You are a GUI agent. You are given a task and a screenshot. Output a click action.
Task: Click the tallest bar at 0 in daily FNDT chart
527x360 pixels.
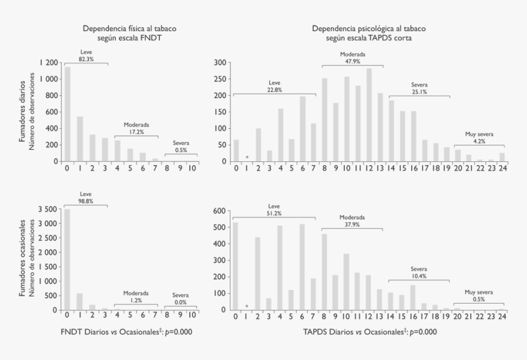(x=67, y=114)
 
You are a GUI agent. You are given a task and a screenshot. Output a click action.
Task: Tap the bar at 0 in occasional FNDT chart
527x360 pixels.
(x=67, y=261)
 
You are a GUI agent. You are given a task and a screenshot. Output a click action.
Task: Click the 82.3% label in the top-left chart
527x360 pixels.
(x=86, y=59)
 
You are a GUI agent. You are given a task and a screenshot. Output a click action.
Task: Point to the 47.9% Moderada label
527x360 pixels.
(x=353, y=61)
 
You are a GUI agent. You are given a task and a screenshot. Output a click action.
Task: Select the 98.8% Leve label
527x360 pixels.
(x=86, y=200)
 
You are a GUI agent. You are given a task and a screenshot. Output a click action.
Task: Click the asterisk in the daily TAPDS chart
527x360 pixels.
(x=247, y=158)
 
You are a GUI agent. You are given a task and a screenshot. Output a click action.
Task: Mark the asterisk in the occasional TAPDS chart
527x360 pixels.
(x=247, y=306)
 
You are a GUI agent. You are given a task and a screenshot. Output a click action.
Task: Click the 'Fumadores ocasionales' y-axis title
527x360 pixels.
(x=23, y=258)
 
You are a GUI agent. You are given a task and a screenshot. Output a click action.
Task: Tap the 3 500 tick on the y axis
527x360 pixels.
(x=47, y=210)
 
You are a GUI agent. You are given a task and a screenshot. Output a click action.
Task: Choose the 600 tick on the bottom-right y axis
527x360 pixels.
(x=219, y=210)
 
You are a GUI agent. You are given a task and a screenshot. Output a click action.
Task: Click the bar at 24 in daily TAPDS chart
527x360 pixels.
(x=502, y=157)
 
